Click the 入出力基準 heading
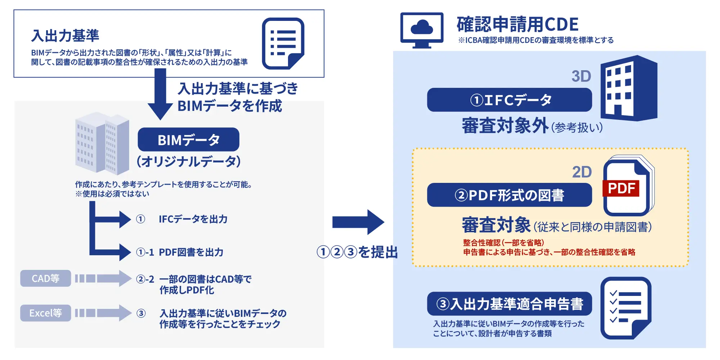click(x=65, y=36)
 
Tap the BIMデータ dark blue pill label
click(x=188, y=140)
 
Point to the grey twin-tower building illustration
click(x=102, y=143)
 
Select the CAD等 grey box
click(x=45, y=278)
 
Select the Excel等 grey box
click(x=45, y=313)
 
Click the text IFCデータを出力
click(x=193, y=219)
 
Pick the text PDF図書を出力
click(x=191, y=252)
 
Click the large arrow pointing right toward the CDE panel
click(x=358, y=222)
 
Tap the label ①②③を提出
click(x=357, y=252)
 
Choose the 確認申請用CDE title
click(x=517, y=24)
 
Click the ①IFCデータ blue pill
click(x=509, y=100)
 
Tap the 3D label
click(x=581, y=76)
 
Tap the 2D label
click(x=582, y=172)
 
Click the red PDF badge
click(x=621, y=188)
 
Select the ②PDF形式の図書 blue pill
click(x=509, y=195)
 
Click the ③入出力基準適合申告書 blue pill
click(x=509, y=304)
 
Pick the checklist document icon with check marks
click(x=626, y=308)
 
